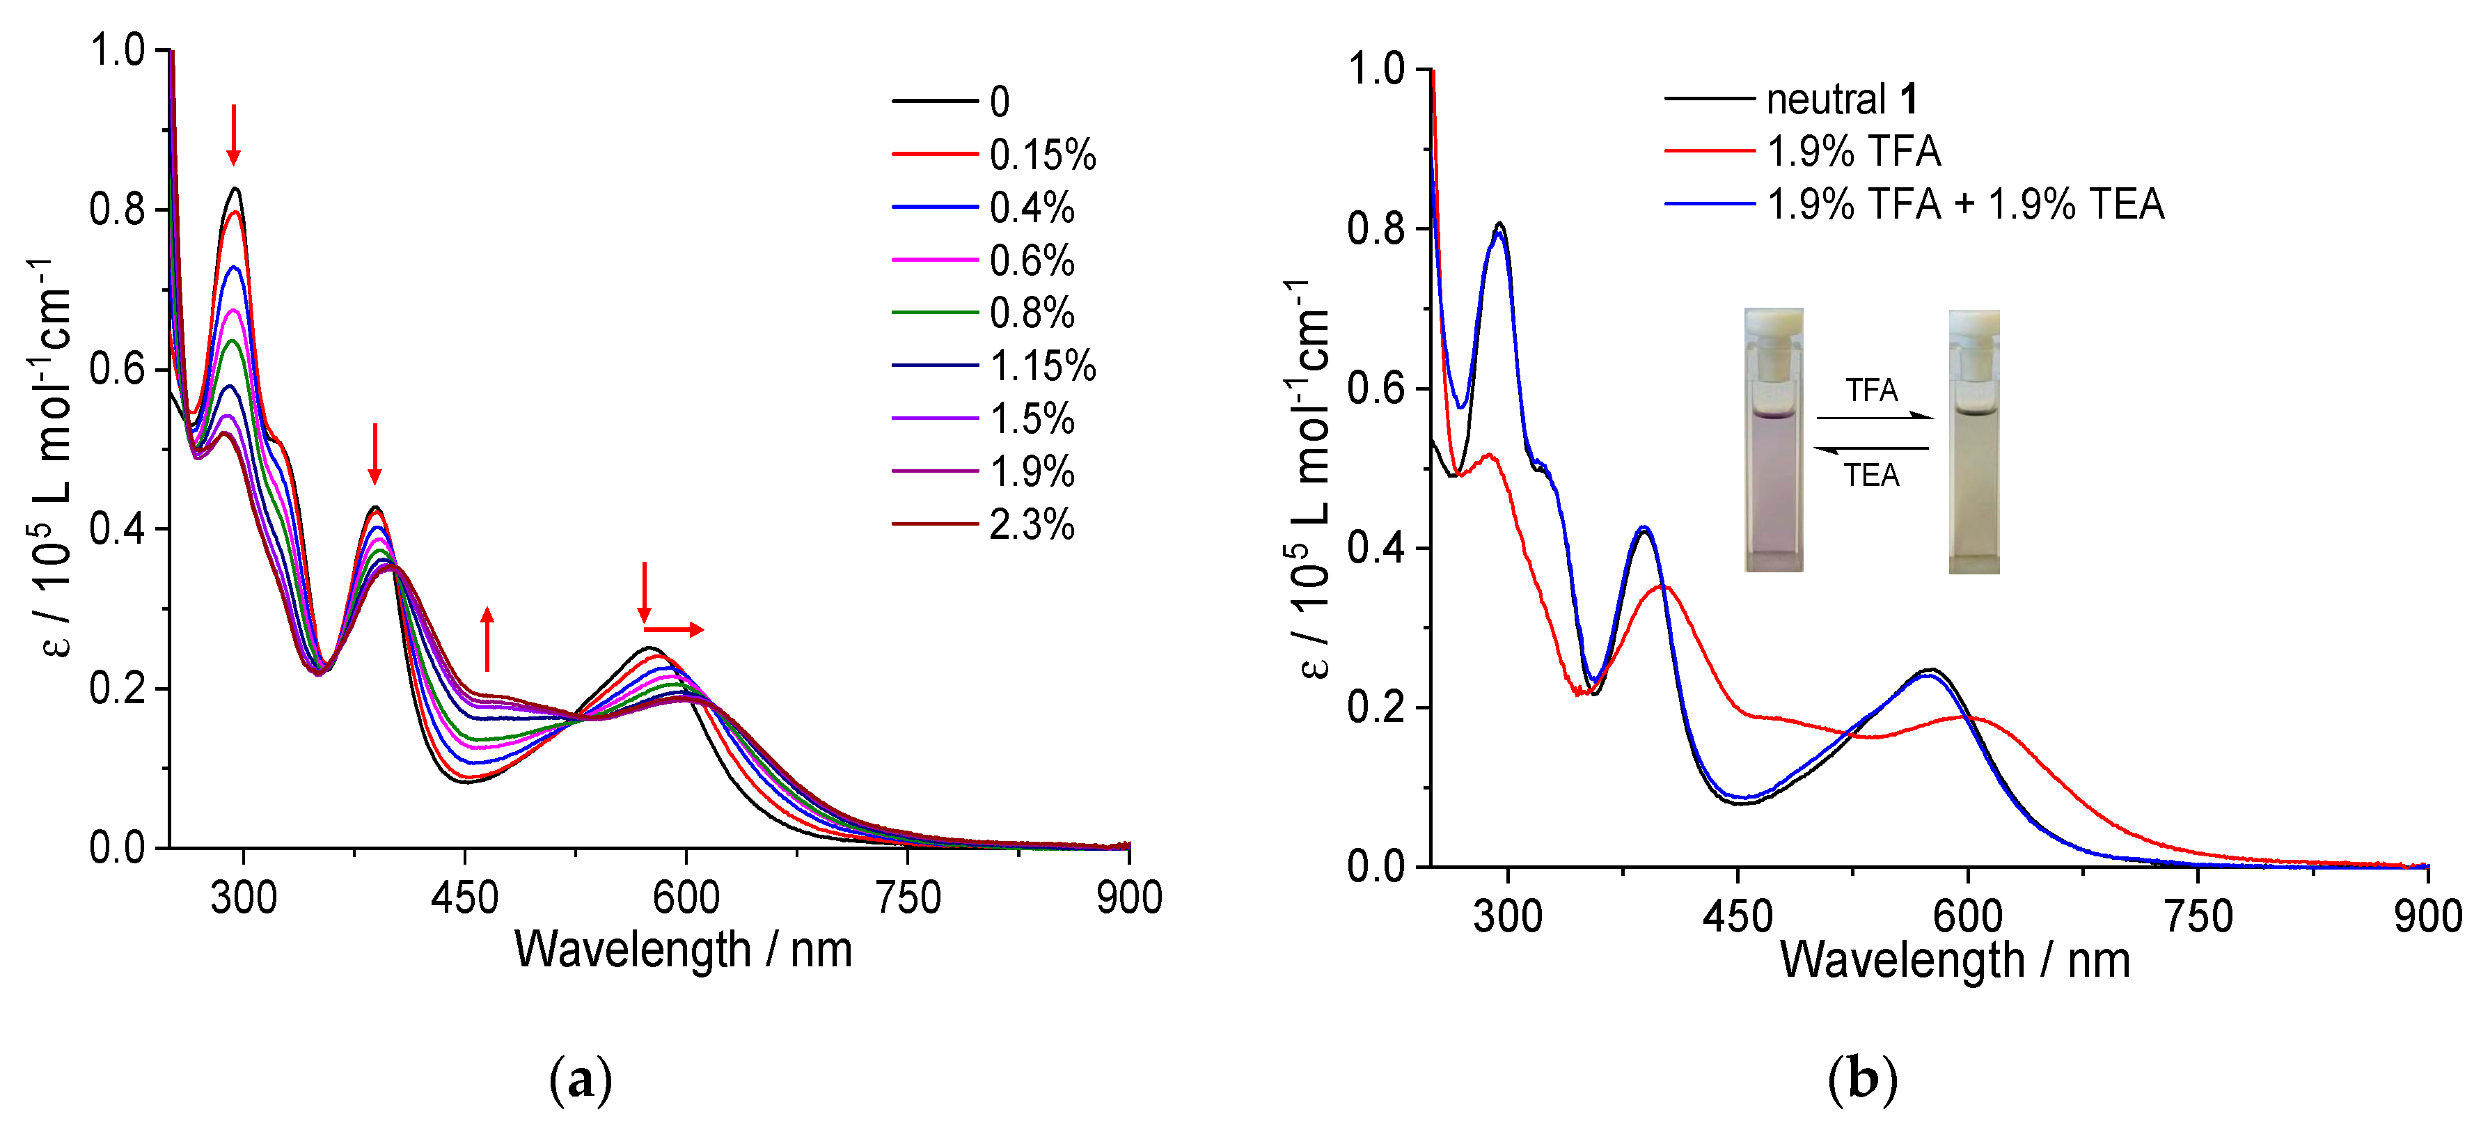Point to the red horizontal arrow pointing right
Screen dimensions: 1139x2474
pyautogui.click(x=675, y=630)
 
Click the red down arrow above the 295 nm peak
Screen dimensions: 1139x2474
pyautogui.click(x=233, y=134)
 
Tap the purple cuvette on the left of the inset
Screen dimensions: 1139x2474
pyautogui.click(x=1773, y=442)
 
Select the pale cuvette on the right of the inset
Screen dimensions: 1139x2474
pyautogui.click(x=1973, y=442)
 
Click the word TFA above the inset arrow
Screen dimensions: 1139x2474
pyautogui.click(x=1871, y=391)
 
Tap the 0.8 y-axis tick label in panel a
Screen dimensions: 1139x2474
pyautogui.click(x=117, y=210)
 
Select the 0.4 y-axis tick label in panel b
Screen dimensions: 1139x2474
pyautogui.click(x=1376, y=549)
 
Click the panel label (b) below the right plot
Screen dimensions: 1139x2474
pyautogui.click(x=1861, y=1081)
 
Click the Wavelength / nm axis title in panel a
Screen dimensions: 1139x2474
pyautogui.click(x=683, y=950)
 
